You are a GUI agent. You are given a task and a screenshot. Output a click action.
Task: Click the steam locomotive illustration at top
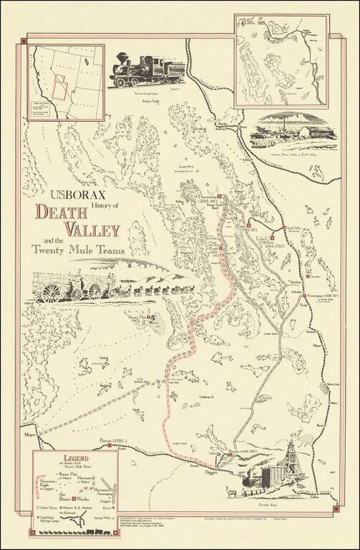(x=144, y=69)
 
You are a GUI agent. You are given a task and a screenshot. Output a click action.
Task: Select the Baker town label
(x=333, y=404)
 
